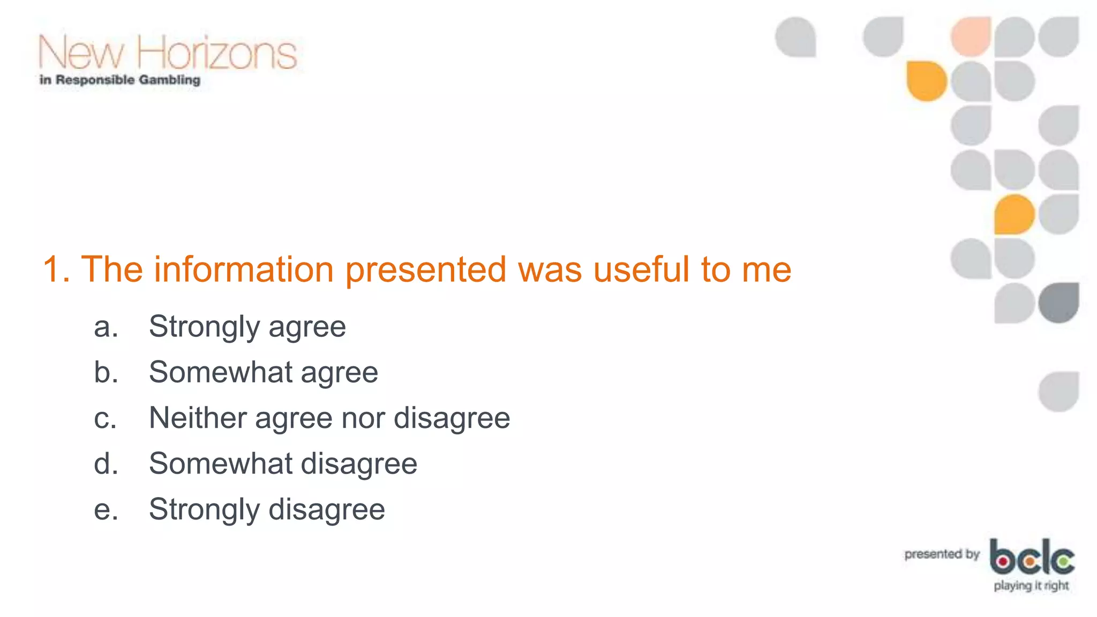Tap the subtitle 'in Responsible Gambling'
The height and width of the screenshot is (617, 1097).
[120, 80]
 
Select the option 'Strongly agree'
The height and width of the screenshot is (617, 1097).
[247, 327]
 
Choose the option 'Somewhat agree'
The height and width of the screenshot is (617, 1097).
[263, 372]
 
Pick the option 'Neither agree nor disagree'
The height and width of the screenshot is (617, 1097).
[329, 418]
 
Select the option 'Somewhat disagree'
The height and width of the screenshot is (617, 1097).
[283, 463]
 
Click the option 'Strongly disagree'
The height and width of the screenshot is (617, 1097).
[267, 509]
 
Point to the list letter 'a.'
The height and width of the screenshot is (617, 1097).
[106, 327]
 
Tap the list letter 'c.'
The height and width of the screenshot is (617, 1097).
[105, 418]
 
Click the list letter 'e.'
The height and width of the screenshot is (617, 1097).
[106, 509]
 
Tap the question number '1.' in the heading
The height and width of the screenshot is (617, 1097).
[56, 269]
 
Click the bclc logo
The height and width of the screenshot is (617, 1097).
[1032, 557]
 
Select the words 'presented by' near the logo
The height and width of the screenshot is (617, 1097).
[942, 554]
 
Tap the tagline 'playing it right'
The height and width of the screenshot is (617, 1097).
[1031, 585]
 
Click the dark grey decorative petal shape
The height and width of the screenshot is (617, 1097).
[1058, 303]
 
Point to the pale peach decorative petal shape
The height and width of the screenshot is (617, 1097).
[971, 36]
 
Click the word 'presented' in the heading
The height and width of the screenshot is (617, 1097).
[425, 269]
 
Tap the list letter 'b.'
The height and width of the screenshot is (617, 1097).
[106, 372]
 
